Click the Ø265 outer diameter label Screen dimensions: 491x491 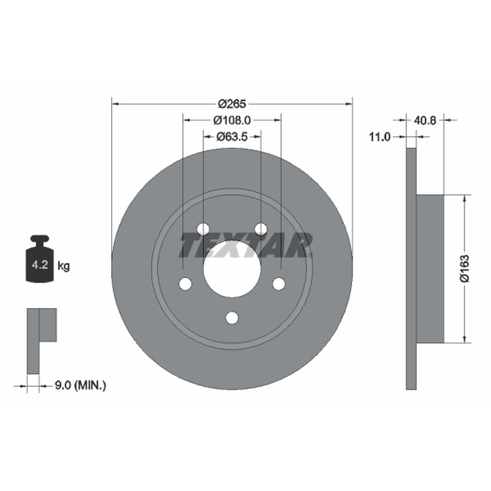click(x=232, y=104)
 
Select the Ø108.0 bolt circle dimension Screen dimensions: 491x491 click(x=232, y=120)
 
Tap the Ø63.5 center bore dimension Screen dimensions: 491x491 click(x=232, y=136)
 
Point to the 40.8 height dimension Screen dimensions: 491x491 click(x=425, y=120)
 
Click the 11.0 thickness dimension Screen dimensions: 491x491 click(x=380, y=137)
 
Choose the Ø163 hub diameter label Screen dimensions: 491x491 click(x=465, y=269)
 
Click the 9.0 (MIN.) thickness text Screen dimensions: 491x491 click(x=80, y=385)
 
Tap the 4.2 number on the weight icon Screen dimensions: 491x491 click(x=40, y=265)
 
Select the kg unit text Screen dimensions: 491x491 click(x=64, y=266)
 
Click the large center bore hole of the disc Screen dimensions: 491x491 click(x=232, y=269)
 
